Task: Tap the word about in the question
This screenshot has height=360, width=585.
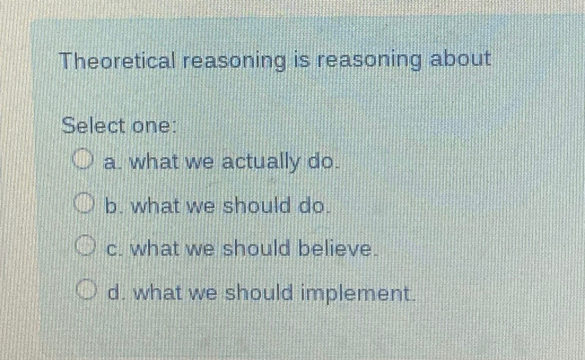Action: pyautogui.click(x=460, y=59)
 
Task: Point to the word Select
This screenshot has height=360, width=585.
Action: pyautogui.click(x=93, y=125)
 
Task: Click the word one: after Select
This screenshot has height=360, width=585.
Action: pyautogui.click(x=152, y=126)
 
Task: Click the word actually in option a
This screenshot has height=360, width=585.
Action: pyautogui.click(x=260, y=163)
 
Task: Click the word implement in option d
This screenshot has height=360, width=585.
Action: pyautogui.click(x=357, y=293)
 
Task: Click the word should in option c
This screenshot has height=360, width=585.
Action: pyautogui.click(x=257, y=249)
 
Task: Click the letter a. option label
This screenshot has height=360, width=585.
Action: pyautogui.click(x=111, y=163)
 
